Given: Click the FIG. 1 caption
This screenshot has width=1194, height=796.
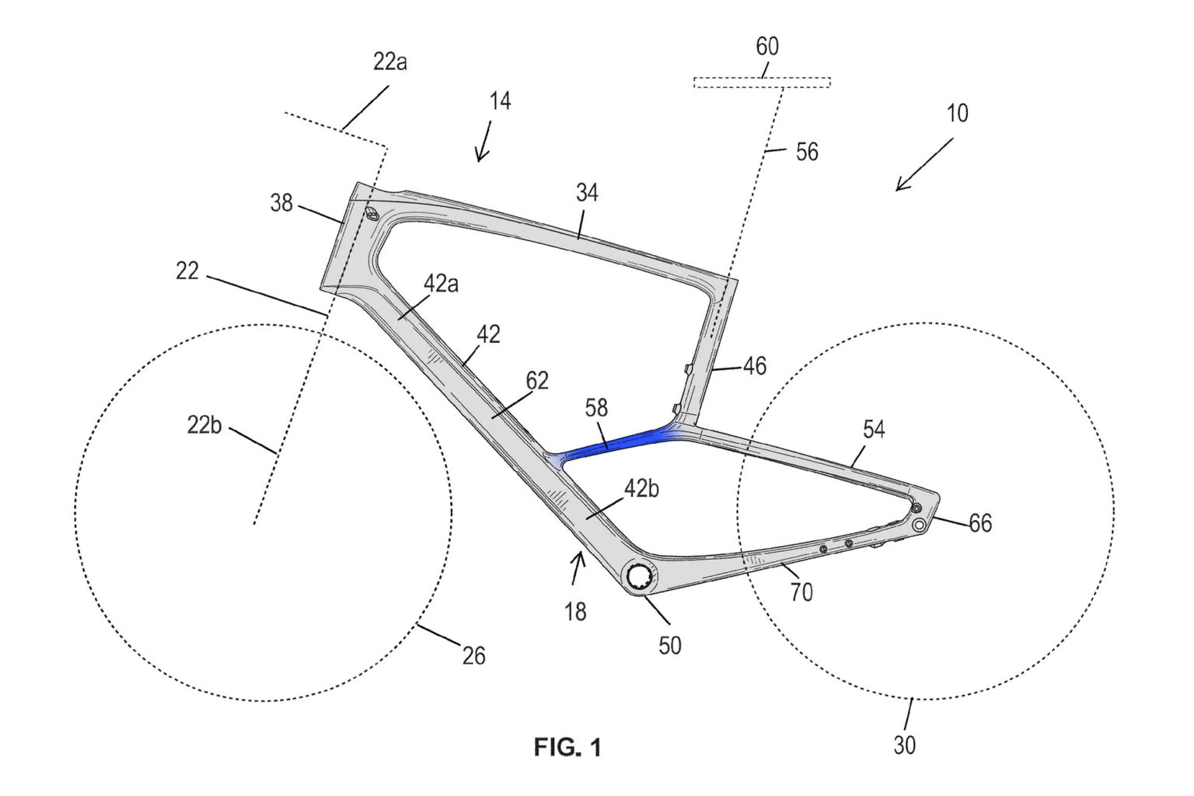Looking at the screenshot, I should [x=567, y=748].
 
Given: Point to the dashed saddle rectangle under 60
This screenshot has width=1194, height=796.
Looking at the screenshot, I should [x=762, y=82].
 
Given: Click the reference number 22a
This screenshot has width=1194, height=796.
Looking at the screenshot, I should [x=390, y=61].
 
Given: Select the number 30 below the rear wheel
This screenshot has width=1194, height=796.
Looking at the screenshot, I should [x=904, y=745].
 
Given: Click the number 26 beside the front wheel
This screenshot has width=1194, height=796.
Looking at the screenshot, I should [x=473, y=656].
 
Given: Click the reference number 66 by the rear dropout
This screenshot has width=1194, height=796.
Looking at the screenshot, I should [x=980, y=523].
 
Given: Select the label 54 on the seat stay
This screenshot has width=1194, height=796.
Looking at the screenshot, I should [x=874, y=429].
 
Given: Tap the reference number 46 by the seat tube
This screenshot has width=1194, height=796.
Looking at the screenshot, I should [x=754, y=365].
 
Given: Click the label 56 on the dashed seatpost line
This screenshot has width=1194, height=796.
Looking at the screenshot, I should [x=808, y=151].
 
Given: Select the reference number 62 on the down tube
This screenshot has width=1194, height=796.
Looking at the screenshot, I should [x=536, y=380].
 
